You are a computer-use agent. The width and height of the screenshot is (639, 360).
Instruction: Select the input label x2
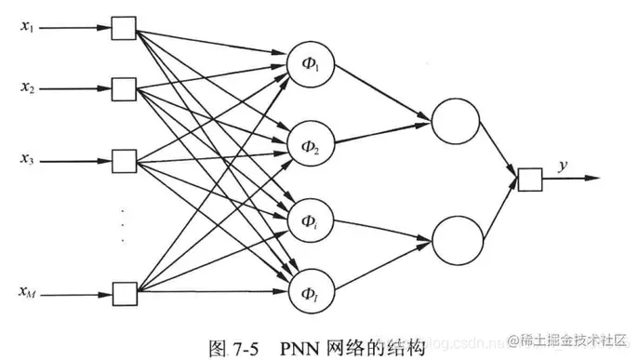click(x=27, y=88)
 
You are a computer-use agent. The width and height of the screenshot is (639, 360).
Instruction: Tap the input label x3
click(x=27, y=159)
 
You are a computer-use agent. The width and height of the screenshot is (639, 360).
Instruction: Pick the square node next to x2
click(x=122, y=89)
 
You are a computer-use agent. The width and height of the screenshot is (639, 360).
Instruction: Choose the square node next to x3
click(x=122, y=157)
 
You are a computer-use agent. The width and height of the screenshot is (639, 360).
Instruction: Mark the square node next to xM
click(x=122, y=293)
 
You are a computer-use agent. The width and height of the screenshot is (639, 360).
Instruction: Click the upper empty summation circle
click(x=453, y=120)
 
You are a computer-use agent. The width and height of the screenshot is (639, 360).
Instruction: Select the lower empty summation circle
click(x=453, y=238)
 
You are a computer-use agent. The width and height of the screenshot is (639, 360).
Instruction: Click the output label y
click(x=562, y=166)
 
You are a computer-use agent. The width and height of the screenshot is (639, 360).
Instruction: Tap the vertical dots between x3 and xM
click(x=122, y=225)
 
